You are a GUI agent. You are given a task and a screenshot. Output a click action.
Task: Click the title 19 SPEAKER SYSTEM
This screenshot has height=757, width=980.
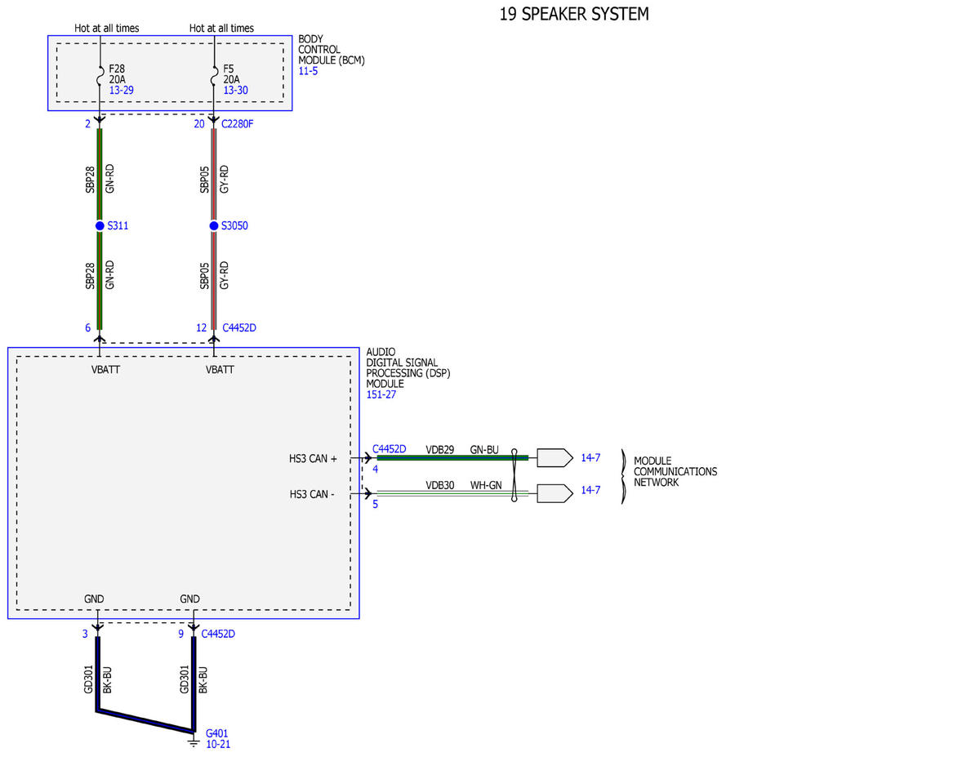(x=573, y=14)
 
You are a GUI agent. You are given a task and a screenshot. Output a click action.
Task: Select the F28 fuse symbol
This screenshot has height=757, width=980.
(x=100, y=75)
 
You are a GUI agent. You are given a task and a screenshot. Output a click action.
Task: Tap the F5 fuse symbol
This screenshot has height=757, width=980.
(x=215, y=75)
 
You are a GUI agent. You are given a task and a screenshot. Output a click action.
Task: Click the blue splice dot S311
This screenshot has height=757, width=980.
(x=100, y=225)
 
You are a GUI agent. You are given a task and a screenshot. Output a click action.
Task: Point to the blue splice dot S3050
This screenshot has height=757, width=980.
(x=214, y=225)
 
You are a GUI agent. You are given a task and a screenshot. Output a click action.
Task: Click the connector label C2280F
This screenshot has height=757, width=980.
(x=237, y=124)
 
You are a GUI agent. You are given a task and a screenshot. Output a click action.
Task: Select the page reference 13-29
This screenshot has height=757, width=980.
(x=122, y=90)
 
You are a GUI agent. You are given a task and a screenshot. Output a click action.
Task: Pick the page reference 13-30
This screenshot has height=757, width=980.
(x=235, y=90)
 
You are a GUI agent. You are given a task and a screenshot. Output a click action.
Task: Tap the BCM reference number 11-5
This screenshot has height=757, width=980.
(x=308, y=71)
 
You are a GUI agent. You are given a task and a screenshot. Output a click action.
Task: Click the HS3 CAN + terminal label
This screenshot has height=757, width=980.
(x=313, y=459)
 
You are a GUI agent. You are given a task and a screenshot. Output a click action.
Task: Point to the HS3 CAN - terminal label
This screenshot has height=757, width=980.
(x=312, y=494)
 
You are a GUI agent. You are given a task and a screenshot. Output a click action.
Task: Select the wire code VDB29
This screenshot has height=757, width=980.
(x=439, y=449)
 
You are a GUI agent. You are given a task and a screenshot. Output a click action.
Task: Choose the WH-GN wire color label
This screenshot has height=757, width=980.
(x=486, y=485)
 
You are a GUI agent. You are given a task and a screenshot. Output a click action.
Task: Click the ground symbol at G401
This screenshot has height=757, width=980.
(x=194, y=742)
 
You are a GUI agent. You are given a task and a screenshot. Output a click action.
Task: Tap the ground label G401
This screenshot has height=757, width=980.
(x=217, y=733)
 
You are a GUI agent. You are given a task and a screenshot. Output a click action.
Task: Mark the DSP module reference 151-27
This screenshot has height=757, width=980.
(x=381, y=394)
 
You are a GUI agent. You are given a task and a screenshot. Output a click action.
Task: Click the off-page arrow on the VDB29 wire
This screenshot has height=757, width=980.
(x=555, y=457)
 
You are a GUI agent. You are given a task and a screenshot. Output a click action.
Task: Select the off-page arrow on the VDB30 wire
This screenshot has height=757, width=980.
(x=555, y=493)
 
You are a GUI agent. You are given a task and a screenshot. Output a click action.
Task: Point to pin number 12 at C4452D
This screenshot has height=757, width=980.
(x=201, y=327)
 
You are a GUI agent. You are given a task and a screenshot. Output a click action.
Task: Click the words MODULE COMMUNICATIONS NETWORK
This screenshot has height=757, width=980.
(x=675, y=472)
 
